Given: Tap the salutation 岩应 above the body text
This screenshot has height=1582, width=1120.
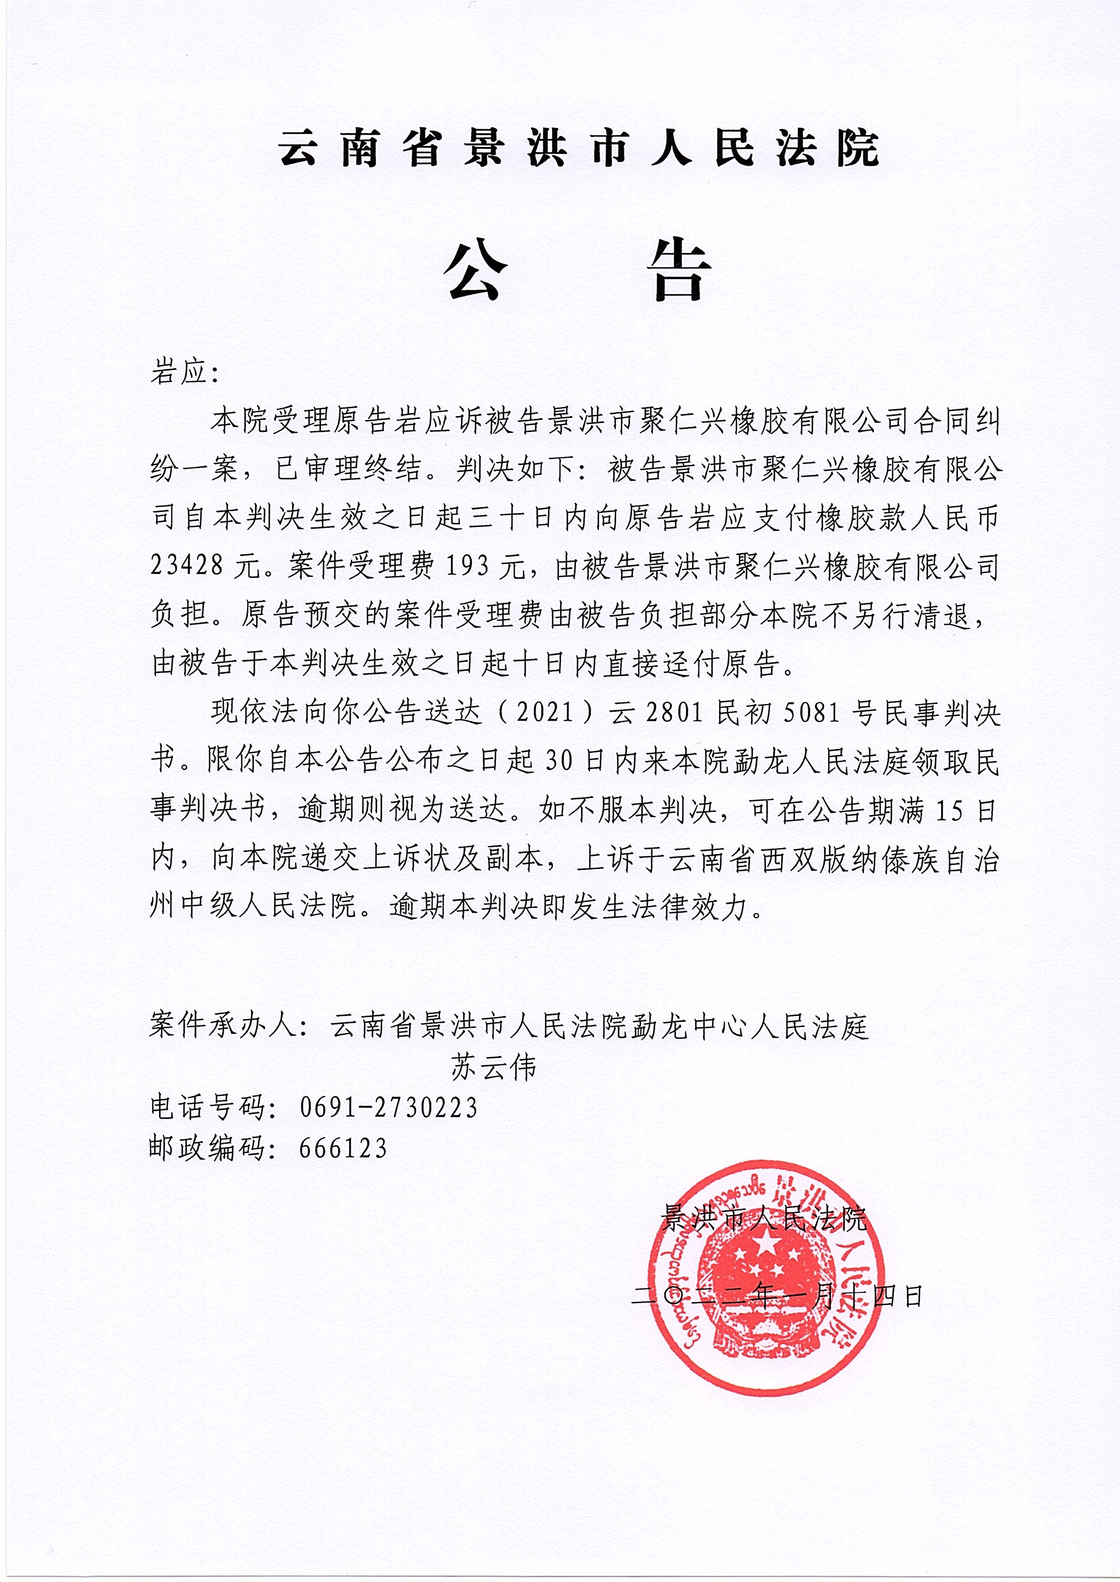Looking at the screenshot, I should pyautogui.click(x=179, y=372).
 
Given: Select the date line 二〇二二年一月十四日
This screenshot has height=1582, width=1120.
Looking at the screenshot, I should pyautogui.click(x=777, y=1296).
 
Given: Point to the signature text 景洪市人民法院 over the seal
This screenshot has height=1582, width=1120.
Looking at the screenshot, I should pyautogui.click(x=763, y=1220).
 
